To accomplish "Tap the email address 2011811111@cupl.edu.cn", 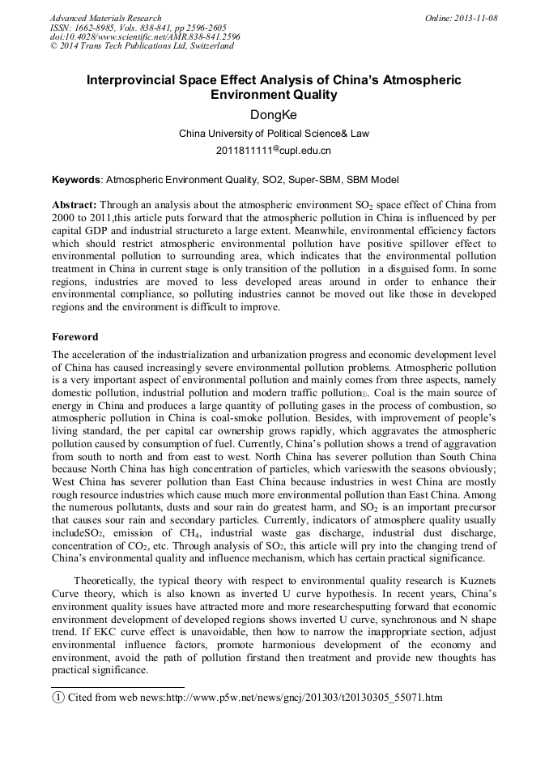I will tap(274, 151).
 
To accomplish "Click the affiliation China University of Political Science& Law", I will tap(274, 133).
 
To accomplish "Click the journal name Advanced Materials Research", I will tap(105, 18).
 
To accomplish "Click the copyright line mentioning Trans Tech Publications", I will tap(142, 46).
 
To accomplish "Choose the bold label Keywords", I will tap(76, 179).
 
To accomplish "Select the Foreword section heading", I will tap(74, 336).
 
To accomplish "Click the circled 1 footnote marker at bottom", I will tap(57, 698).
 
